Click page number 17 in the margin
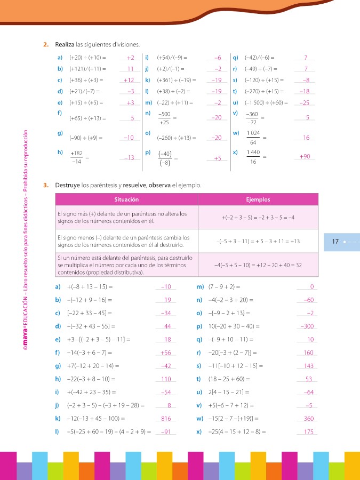[x=335, y=242]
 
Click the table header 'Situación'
[x=126, y=199]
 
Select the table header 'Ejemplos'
[x=258, y=199]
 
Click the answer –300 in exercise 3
[x=307, y=326]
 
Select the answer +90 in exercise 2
[x=305, y=157]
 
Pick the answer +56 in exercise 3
[x=165, y=353]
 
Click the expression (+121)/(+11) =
[x=88, y=69]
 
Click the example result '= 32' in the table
[x=295, y=265]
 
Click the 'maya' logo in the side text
[x=25, y=326]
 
